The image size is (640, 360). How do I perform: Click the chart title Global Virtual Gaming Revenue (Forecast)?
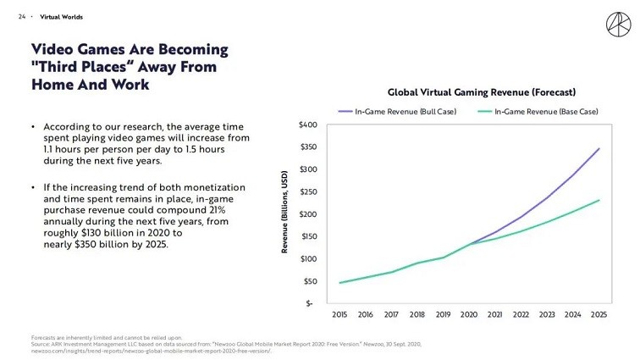tap(482, 91)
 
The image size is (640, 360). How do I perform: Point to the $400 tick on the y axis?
tap(308, 125)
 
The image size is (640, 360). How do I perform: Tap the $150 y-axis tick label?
tap(308, 236)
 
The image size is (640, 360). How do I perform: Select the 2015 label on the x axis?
tap(340, 314)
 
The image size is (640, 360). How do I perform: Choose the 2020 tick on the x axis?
tap(469, 314)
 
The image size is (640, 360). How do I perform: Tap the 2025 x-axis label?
tap(599, 314)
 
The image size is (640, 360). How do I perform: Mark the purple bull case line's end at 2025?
tap(599, 148)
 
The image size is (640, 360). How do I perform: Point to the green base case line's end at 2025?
tap(599, 200)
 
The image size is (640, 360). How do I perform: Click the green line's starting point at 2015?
tap(340, 283)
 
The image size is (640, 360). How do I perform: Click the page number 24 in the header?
tap(22, 17)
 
